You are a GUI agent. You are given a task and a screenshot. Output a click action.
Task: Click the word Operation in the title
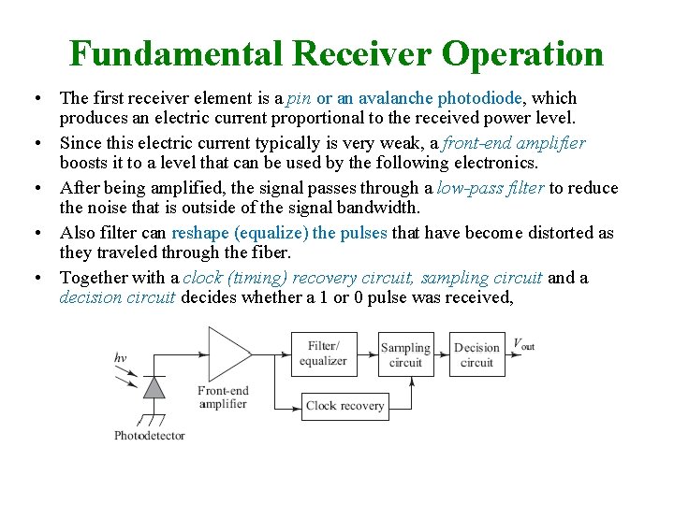point(523,54)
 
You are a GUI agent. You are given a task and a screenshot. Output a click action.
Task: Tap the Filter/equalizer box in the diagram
point(323,353)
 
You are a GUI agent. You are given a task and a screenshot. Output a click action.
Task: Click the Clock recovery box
point(344,405)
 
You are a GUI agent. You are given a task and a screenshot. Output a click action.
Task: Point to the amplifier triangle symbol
point(226,354)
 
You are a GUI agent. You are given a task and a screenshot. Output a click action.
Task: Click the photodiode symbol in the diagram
point(152,386)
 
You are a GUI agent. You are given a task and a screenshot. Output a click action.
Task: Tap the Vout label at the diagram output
point(523,344)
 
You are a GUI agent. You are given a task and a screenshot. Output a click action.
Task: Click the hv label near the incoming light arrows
point(120,357)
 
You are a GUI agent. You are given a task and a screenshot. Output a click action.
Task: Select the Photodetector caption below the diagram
point(149,435)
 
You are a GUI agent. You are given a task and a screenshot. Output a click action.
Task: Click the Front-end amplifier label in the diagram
point(222,397)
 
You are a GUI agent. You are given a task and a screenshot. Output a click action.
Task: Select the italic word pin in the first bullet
point(299,98)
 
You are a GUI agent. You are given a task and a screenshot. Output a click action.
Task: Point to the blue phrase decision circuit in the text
point(118,297)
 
